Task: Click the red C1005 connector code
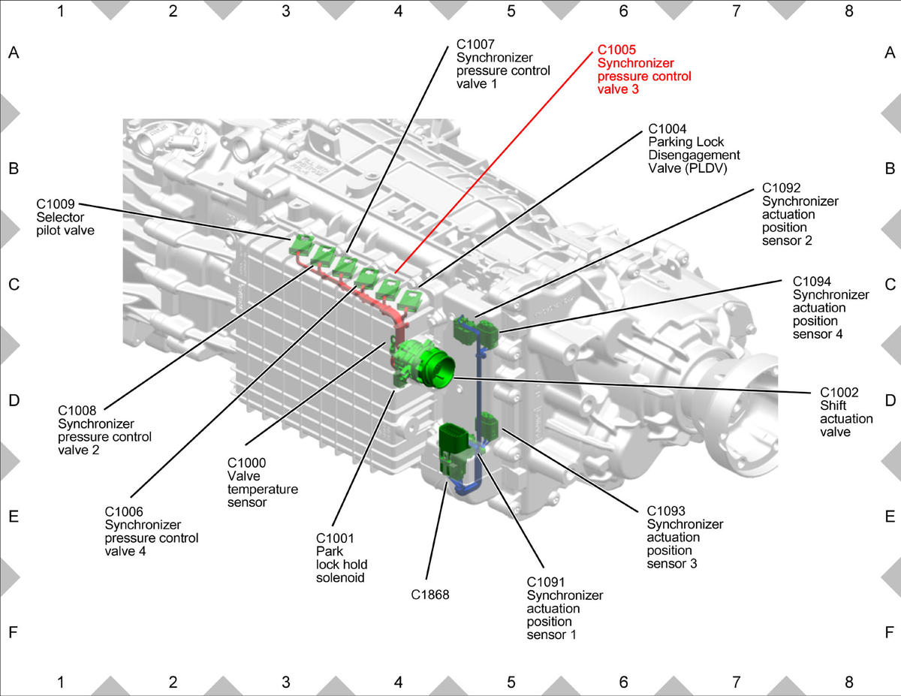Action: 616,50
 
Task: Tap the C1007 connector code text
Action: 475,44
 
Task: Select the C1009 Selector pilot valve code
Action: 55,204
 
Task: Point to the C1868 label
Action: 430,595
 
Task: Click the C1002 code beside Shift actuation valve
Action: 839,392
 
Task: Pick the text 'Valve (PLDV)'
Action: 688,168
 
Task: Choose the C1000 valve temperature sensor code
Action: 247,462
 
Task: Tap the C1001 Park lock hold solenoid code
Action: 335,538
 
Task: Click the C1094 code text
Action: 812,282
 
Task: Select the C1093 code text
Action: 666,511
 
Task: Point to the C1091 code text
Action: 546,582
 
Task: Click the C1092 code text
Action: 781,188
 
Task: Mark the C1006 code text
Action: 124,511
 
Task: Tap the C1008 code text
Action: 77,411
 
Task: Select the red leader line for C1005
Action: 494,162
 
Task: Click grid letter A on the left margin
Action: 14,53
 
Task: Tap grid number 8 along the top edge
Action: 848,11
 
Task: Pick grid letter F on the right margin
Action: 890,632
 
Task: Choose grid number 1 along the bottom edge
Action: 61,682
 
